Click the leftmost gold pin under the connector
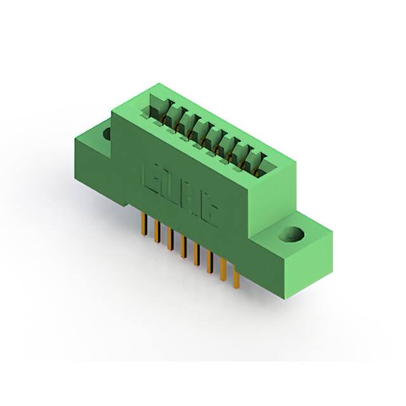click(x=143, y=223)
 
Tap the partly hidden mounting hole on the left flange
click(x=106, y=133)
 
